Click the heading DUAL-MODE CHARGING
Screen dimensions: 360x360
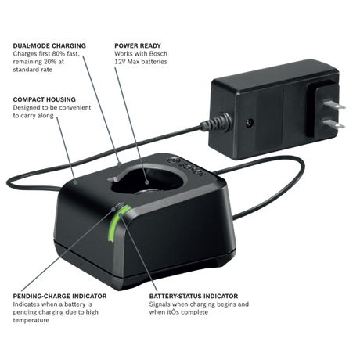click(49, 45)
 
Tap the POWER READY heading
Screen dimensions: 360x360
click(138, 45)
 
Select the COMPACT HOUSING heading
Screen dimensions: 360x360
click(45, 99)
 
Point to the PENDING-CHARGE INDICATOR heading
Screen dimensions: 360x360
click(59, 296)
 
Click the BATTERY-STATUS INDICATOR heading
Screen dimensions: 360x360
click(193, 296)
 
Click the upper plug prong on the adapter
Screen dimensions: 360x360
click(335, 105)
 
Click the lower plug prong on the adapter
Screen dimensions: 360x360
click(334, 124)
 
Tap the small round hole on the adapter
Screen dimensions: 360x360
click(250, 122)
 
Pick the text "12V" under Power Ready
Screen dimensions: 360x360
click(120, 62)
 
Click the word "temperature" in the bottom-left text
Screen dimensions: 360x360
click(31, 320)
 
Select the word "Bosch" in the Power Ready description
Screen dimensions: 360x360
click(158, 54)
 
